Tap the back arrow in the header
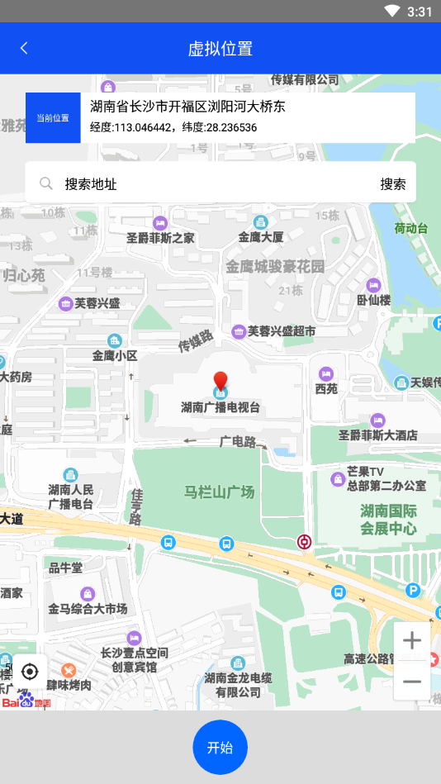pos(24,48)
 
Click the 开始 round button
pos(220,748)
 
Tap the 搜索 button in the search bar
pos(393,184)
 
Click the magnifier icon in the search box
pos(46,184)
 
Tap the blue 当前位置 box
pos(53,118)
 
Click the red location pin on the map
pos(220,382)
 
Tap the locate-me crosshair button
pos(30,672)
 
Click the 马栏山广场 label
pos(219,492)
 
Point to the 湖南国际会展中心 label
pos(388,520)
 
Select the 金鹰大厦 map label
pos(261,237)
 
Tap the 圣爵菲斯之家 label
pos(160,238)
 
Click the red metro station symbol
pos(305,542)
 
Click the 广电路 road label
pos(238,442)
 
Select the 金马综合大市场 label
pos(88,609)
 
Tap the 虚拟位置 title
pos(220,48)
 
